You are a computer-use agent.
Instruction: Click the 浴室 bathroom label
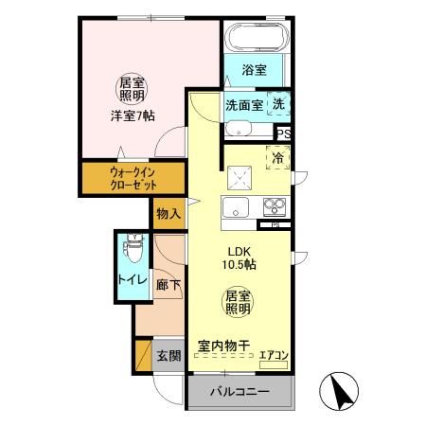click(254, 70)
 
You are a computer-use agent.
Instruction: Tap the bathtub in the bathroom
click(256, 39)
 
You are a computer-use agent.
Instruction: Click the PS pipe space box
click(283, 134)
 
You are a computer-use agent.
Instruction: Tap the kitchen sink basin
click(234, 208)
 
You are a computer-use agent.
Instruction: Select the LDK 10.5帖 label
click(239, 257)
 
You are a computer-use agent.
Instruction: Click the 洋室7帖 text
click(132, 115)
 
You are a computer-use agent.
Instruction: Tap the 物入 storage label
click(169, 214)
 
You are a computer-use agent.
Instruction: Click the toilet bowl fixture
click(132, 250)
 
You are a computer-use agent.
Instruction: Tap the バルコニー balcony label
click(240, 391)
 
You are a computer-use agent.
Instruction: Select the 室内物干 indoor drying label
click(224, 346)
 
